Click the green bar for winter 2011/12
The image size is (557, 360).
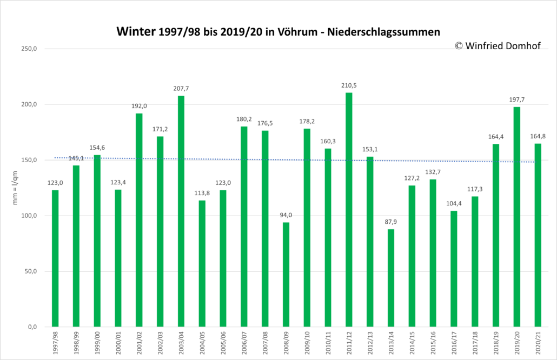(349, 210)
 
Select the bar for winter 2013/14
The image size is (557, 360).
(391, 278)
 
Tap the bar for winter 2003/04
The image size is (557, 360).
(181, 211)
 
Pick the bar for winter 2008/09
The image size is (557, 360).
(286, 275)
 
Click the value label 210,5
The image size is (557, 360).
(349, 85)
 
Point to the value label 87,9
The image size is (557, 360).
(391, 222)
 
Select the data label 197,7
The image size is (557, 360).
(517, 100)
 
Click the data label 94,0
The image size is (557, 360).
(286, 215)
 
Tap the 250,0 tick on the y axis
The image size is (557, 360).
(29, 49)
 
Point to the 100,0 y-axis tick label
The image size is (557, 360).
(29, 216)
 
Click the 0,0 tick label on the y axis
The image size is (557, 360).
(32, 327)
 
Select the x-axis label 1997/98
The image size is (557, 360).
(55, 342)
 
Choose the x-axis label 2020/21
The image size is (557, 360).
(538, 342)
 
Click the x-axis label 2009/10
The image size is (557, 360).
(307, 342)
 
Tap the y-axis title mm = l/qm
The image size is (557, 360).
(15, 188)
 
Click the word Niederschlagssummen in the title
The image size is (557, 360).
(383, 32)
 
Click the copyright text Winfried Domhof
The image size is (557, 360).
(503, 46)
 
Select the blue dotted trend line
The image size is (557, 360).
(294, 160)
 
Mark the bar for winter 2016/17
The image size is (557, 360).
(454, 269)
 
